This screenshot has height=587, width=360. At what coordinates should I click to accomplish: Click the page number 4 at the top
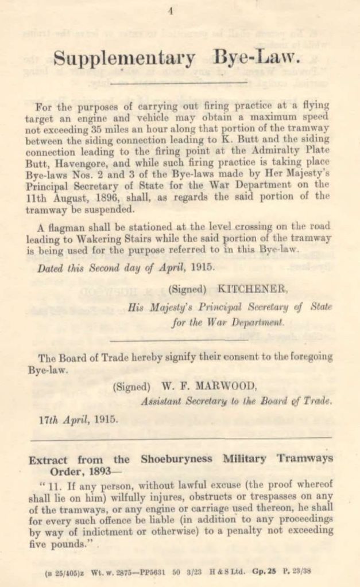point(171,11)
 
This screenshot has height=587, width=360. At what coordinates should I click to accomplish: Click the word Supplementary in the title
point(123,58)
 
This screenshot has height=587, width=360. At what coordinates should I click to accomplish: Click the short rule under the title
point(178,84)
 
